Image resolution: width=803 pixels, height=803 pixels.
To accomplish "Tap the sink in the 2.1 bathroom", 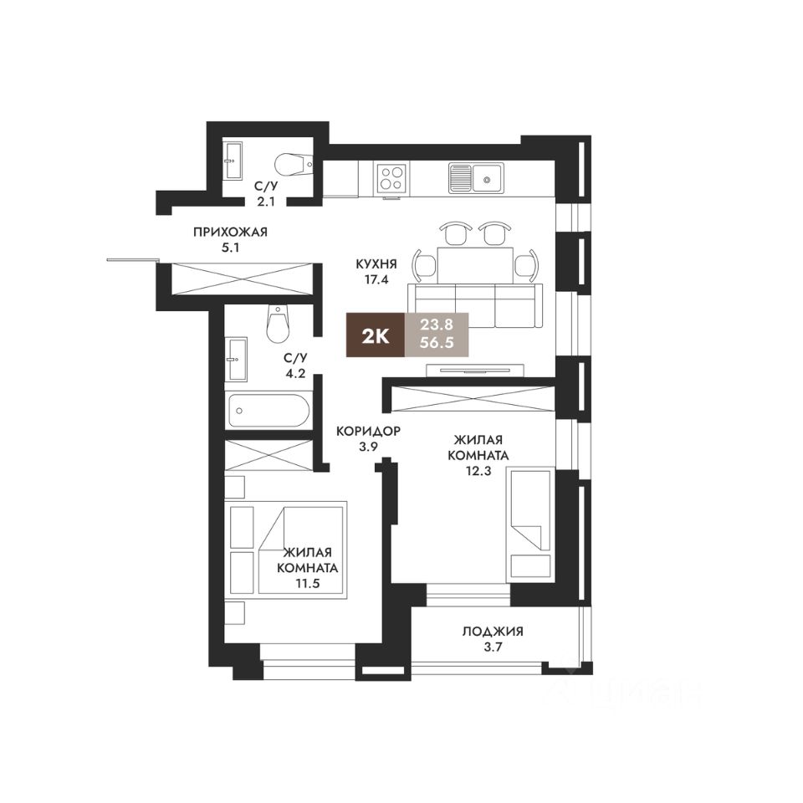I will click(x=233, y=159).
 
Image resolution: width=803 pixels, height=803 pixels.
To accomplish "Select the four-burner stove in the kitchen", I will click(x=391, y=177).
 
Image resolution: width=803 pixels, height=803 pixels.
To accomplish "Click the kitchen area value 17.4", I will click(x=376, y=281).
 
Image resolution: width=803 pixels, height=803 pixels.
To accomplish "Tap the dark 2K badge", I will click(x=375, y=336).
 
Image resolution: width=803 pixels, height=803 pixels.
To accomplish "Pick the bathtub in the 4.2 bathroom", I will click(x=268, y=411).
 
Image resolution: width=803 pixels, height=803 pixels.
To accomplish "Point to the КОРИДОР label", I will click(x=368, y=432).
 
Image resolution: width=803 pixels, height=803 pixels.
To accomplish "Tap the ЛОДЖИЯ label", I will click(x=498, y=632).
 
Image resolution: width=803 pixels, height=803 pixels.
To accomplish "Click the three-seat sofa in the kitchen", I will click(x=474, y=305).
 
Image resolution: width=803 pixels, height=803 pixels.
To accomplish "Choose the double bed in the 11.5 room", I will click(x=301, y=549).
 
